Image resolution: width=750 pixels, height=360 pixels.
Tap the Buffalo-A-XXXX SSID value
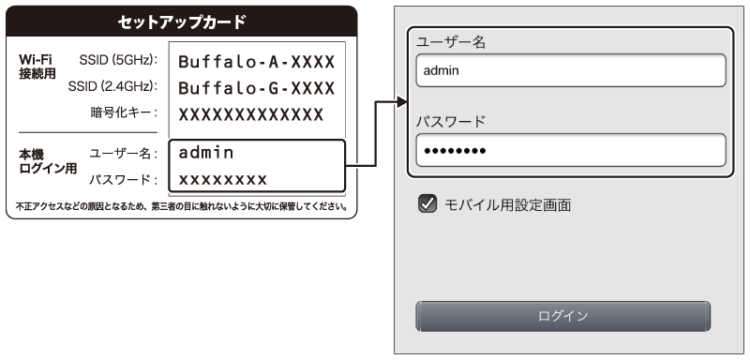256,61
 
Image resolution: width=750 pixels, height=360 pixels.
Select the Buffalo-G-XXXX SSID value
256,87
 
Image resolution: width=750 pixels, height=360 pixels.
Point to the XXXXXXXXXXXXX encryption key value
251,113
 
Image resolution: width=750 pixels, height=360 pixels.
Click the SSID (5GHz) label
118,60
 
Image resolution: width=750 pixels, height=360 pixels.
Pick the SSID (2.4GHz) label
112,86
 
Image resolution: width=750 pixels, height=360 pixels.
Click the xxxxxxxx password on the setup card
222,177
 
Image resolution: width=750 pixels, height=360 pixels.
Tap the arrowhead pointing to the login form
401,101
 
